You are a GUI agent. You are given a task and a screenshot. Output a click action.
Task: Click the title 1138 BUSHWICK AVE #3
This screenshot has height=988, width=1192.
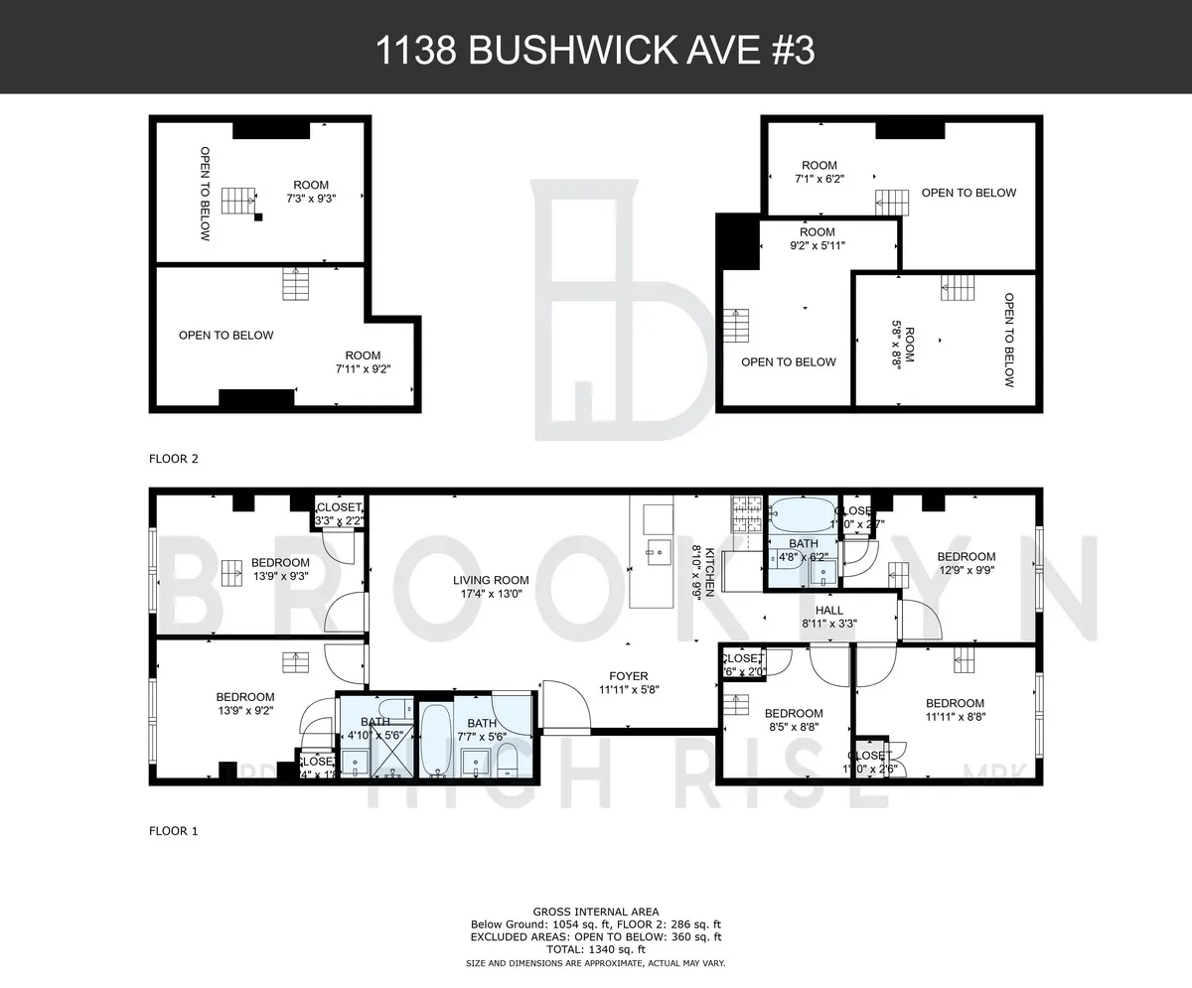(x=595, y=51)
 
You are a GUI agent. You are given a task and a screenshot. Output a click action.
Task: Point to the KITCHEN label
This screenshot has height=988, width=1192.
(x=703, y=570)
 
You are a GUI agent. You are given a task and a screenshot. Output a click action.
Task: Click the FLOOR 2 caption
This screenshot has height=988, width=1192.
(x=174, y=459)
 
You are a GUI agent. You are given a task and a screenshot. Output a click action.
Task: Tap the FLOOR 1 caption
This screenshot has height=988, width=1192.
(x=174, y=831)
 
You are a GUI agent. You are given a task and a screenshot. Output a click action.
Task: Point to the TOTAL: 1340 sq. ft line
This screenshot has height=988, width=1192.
(x=595, y=949)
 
